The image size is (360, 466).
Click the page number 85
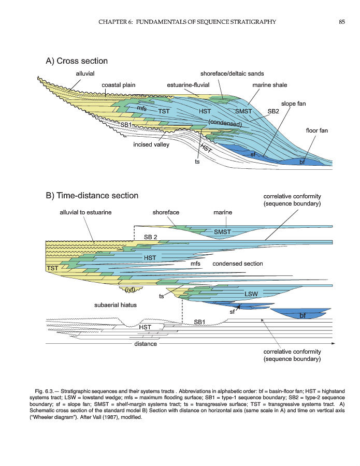(x=341, y=22)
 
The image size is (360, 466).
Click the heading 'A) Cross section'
(x=77, y=61)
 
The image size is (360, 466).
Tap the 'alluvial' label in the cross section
(x=85, y=74)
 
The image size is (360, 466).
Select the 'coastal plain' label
(x=118, y=85)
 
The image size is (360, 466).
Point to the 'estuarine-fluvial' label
(x=188, y=85)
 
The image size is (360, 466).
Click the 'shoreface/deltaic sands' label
(x=232, y=74)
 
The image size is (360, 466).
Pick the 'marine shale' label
(x=270, y=85)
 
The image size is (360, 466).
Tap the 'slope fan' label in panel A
(x=293, y=104)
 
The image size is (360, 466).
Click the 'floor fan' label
(x=316, y=130)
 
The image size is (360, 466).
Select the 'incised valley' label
(x=151, y=144)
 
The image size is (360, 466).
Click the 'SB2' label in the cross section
(x=273, y=111)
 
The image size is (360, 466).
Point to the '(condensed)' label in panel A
(x=225, y=123)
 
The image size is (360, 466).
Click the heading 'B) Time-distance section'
(x=92, y=196)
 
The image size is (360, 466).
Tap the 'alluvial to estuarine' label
(x=85, y=212)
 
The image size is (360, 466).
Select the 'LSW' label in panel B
(x=251, y=294)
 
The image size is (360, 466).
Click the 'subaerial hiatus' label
(x=116, y=305)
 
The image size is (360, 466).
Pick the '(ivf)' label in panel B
(x=130, y=289)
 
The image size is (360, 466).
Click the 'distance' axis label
(x=146, y=344)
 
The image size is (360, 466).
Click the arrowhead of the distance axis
(x=333, y=344)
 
